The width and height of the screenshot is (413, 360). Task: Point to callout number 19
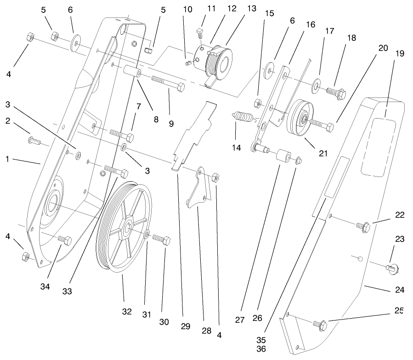[x=399, y=54]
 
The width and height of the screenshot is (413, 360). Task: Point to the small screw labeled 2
[x=35, y=140]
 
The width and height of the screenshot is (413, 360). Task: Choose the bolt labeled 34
[x=64, y=240]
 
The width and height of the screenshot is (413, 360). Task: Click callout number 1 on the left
[x=7, y=159]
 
